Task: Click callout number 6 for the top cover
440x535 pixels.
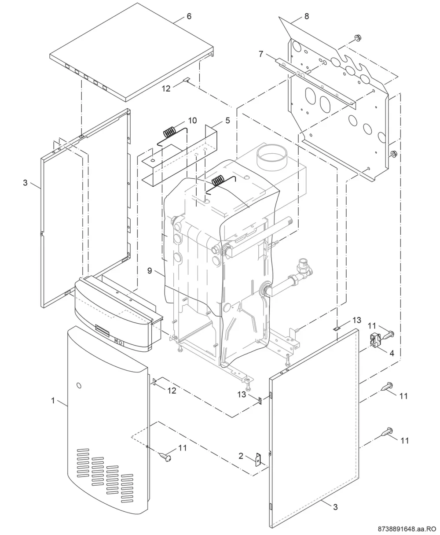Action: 189,16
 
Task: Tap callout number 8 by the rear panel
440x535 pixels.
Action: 307,16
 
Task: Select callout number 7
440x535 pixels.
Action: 261,54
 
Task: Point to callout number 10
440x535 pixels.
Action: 192,120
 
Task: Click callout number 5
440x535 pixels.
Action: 227,121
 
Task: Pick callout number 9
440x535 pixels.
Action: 150,271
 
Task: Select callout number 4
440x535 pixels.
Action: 392,353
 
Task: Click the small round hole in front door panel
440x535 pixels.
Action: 79,386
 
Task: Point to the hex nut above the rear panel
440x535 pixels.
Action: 358,38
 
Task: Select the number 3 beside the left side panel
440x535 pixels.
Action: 25,183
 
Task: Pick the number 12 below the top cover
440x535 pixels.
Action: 166,89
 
